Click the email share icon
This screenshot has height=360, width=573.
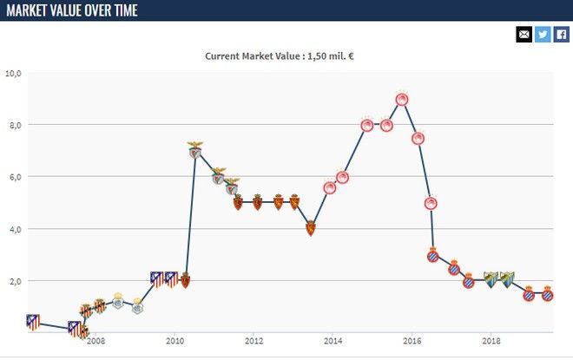coord(524,35)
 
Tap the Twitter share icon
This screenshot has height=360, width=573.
coord(543,35)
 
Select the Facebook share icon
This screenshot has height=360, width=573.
coord(562,35)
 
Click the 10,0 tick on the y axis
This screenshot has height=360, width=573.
coord(13,73)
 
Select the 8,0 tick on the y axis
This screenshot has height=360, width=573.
coord(13,125)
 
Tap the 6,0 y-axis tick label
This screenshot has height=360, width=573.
coord(13,177)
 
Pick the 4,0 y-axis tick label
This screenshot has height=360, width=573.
coord(13,229)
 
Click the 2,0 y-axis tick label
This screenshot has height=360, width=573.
coord(13,281)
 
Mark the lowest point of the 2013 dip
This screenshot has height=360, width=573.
coord(311,229)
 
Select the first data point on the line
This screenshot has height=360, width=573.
coord(33,323)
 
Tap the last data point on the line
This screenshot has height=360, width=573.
coord(548,295)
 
